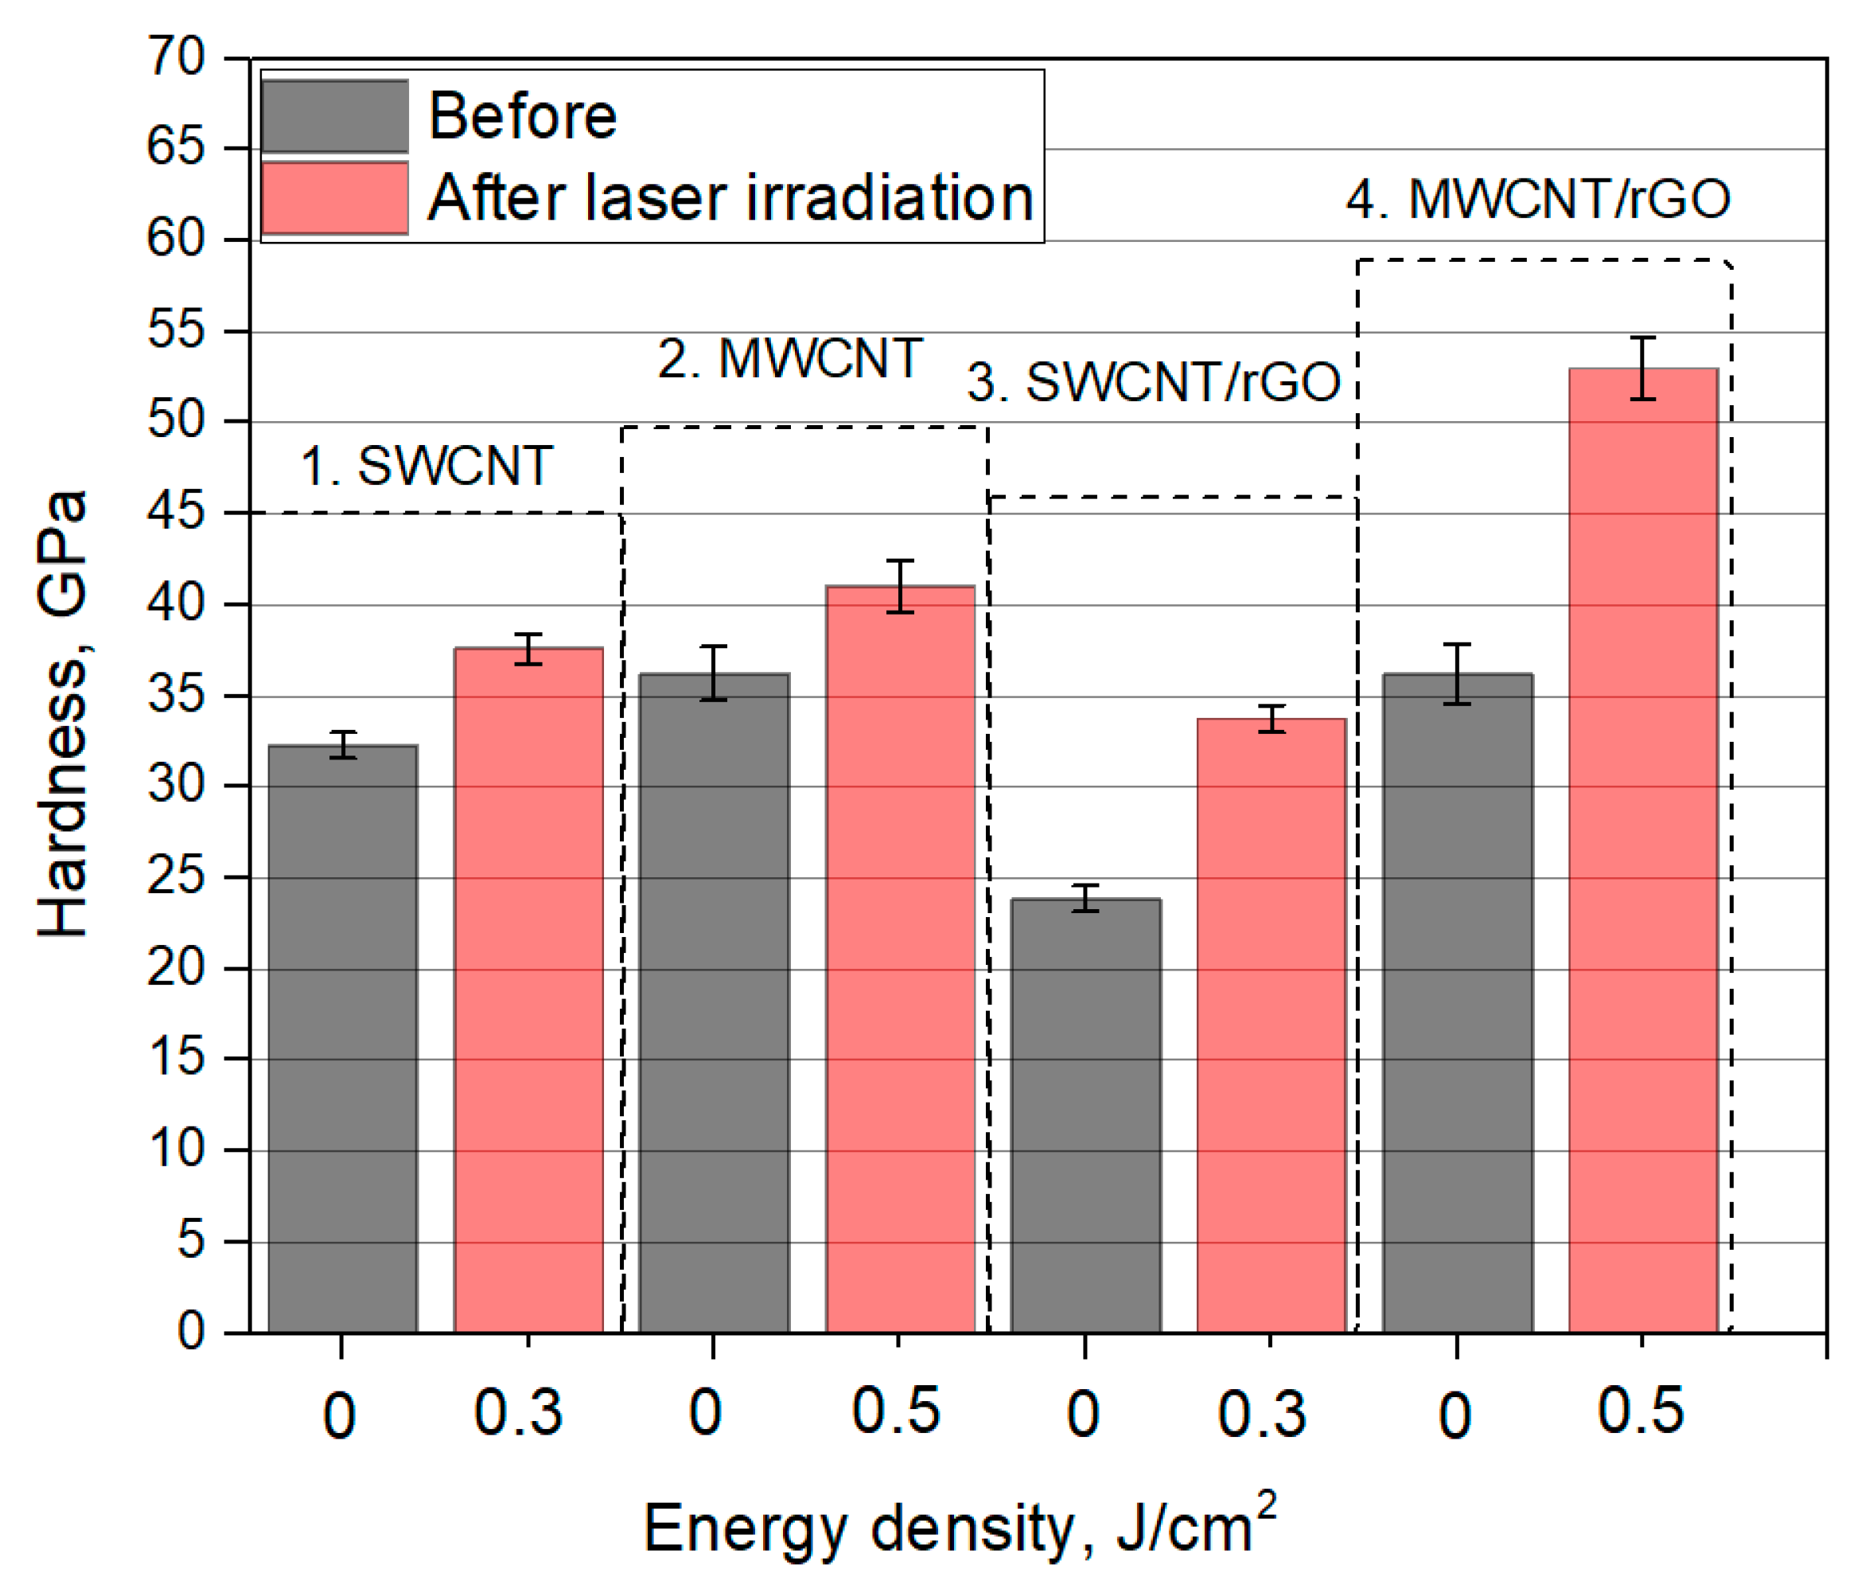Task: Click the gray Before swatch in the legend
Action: coord(335,116)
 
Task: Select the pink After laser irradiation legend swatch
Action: coord(335,198)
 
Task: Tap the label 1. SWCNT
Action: coord(426,466)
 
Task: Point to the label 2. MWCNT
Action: coord(789,359)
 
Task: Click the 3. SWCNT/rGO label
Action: coord(1154,382)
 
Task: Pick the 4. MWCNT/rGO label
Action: coord(1537,199)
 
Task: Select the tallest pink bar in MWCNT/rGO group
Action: coord(1643,850)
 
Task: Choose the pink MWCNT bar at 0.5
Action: coord(899,958)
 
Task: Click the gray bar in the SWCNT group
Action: coord(343,1039)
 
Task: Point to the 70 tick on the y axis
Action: coord(177,58)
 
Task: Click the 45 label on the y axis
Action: coord(177,513)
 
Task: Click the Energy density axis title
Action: coord(958,1528)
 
